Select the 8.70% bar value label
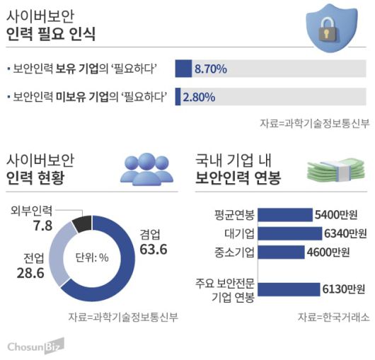[210, 69]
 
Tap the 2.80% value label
[199, 97]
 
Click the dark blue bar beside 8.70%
[183, 69]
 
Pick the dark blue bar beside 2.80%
[178, 97]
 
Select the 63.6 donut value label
[154, 250]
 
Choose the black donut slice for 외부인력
[81, 223]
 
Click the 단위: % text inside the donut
[91, 257]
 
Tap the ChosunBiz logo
[35, 345]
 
